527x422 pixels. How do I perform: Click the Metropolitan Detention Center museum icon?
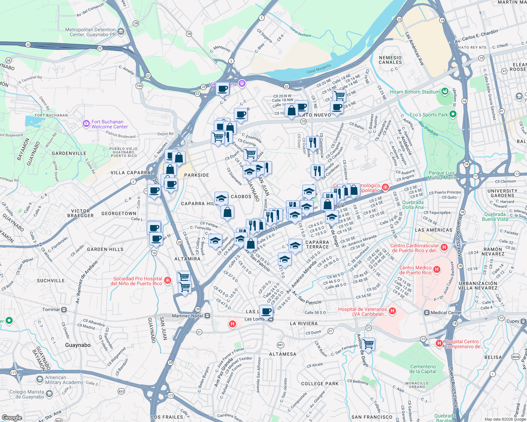click(x=121, y=32)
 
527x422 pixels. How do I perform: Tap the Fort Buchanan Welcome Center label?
click(x=110, y=124)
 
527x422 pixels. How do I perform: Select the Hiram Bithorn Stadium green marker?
click(x=445, y=91)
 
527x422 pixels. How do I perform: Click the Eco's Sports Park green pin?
click(x=453, y=114)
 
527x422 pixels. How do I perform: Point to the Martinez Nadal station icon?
click(x=207, y=316)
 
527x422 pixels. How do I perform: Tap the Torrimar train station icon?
click(x=64, y=309)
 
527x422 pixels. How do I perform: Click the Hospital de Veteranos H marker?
click(x=392, y=311)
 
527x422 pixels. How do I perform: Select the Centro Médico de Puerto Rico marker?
click(x=437, y=270)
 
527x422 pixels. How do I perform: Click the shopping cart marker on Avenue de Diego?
click(x=368, y=344)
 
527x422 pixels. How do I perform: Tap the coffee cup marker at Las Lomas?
click(x=266, y=311)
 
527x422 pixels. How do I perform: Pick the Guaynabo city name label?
click(x=78, y=345)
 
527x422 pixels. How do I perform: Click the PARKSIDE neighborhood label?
click(x=197, y=175)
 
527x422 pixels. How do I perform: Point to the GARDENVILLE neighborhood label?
click(x=69, y=153)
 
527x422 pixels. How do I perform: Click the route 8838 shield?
click(x=516, y=357)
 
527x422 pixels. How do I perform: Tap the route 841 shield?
click(x=280, y=345)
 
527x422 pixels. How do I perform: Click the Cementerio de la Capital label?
click(x=423, y=369)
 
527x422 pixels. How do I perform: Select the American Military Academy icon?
click(x=40, y=379)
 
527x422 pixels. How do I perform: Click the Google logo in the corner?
click(x=12, y=417)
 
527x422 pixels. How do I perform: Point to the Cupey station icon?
click(x=524, y=321)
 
